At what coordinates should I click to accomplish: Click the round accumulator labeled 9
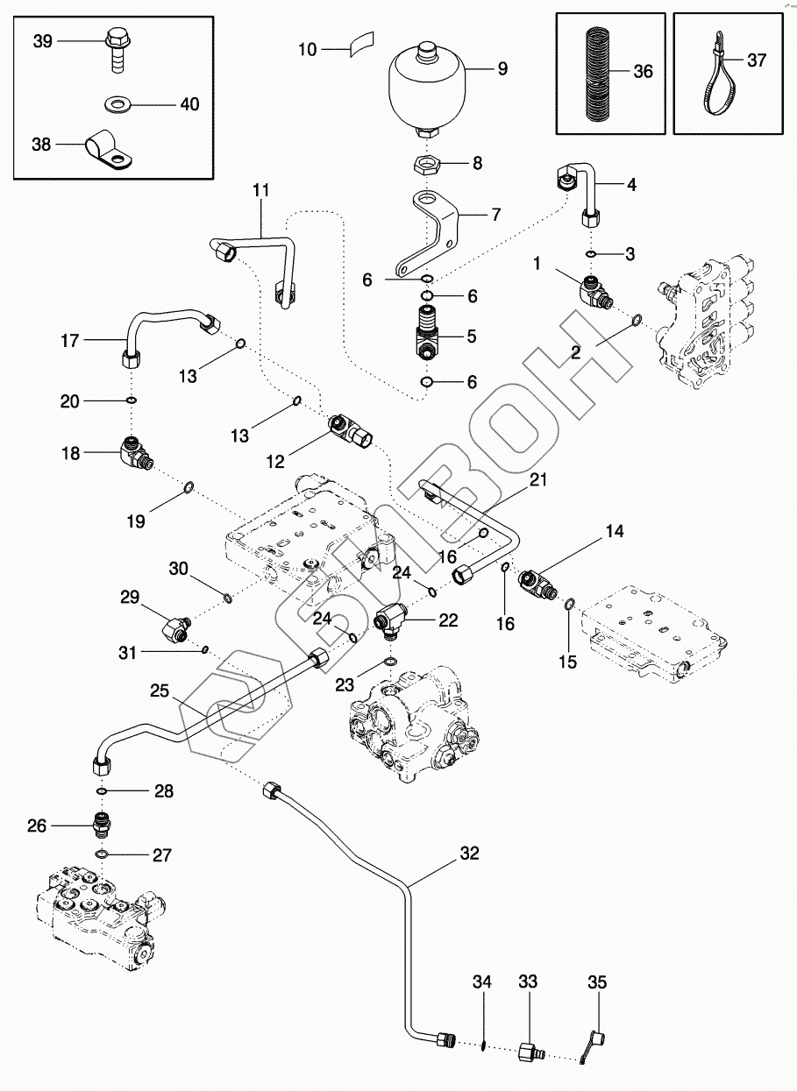pyautogui.click(x=427, y=91)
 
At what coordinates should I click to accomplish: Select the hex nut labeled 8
pyautogui.click(x=428, y=165)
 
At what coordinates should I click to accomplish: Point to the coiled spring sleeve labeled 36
pyautogui.click(x=598, y=74)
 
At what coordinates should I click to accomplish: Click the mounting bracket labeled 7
pyautogui.click(x=426, y=234)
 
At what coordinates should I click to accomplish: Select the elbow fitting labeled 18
pyautogui.click(x=136, y=453)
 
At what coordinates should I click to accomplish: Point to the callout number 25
pyautogui.click(x=160, y=691)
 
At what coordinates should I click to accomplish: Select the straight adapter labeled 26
pyautogui.click(x=102, y=825)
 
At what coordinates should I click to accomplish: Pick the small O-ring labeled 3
pyautogui.click(x=591, y=254)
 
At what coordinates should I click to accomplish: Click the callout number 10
pyautogui.click(x=307, y=49)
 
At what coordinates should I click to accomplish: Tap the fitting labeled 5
pyautogui.click(x=426, y=333)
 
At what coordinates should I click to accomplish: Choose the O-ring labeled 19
pyautogui.click(x=189, y=487)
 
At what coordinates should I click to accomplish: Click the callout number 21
pyautogui.click(x=537, y=479)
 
